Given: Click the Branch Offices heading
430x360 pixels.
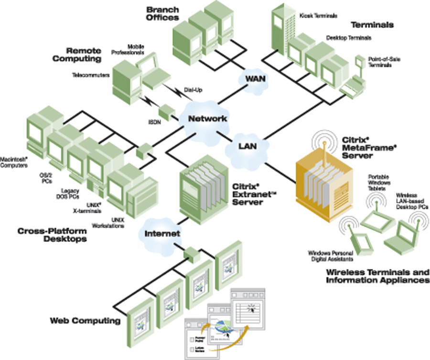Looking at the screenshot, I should (162, 13).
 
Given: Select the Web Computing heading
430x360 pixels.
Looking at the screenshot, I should (85, 320).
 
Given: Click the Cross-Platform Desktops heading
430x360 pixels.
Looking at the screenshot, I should (52, 235).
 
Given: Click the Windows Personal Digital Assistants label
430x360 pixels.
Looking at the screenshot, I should (330, 256).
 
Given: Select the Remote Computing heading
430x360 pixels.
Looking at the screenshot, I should (84, 54).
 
